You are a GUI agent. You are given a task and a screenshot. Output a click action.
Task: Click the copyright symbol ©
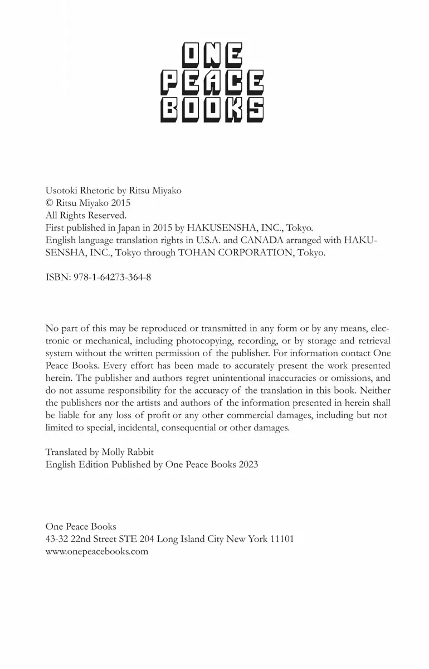49,203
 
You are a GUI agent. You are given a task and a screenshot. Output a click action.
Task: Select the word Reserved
108,215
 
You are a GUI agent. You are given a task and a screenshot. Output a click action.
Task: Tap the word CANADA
260,240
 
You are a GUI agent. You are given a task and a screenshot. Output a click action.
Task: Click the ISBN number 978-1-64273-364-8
112,277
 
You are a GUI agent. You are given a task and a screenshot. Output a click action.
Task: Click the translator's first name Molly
115,452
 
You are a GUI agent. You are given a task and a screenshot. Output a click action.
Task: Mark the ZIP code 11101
282,539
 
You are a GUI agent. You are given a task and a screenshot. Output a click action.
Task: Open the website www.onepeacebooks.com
97,551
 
